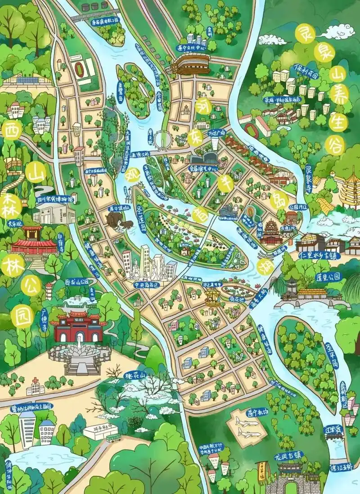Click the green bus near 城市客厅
(112, 438)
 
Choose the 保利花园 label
(306, 71)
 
